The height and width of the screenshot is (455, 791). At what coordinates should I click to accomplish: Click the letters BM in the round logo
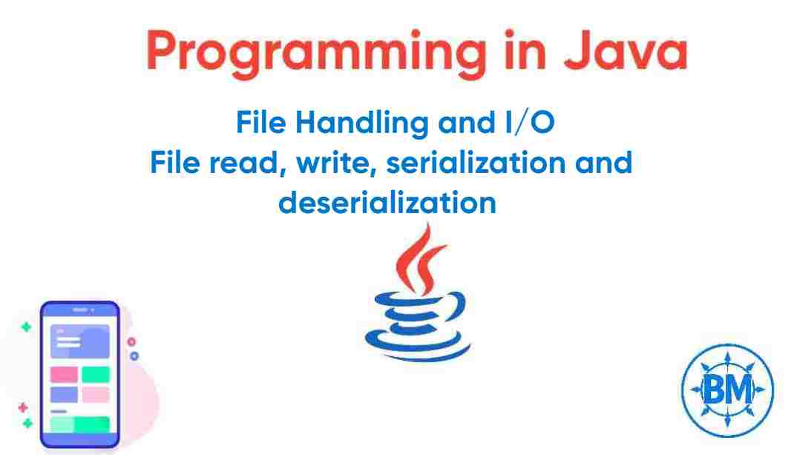click(727, 387)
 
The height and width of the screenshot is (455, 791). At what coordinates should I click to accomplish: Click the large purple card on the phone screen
click(79, 341)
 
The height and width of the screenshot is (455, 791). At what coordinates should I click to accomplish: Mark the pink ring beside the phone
click(132, 342)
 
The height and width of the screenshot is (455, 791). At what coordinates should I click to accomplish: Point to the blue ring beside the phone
click(134, 356)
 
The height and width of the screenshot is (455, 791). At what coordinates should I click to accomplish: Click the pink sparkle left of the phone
click(23, 407)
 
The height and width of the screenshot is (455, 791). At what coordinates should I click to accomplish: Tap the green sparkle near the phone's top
click(26, 327)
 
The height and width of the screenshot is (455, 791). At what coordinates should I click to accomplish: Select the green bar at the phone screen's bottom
click(79, 425)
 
